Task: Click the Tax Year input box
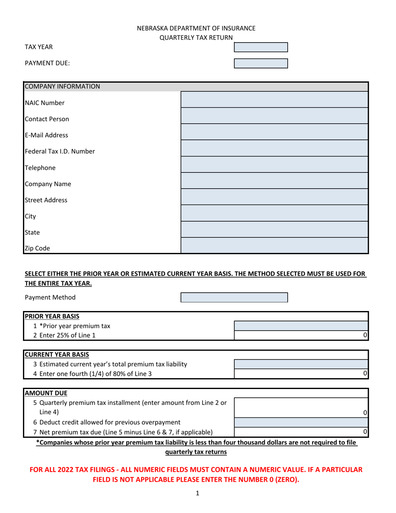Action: [x=261, y=47]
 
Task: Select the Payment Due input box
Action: [x=261, y=63]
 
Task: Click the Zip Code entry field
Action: [x=274, y=246]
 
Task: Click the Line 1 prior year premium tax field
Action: [x=301, y=326]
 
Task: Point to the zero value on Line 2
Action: [x=365, y=335]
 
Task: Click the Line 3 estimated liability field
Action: [x=301, y=364]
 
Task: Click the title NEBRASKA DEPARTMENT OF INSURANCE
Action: [x=196, y=28]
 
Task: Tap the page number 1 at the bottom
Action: [x=198, y=493]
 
